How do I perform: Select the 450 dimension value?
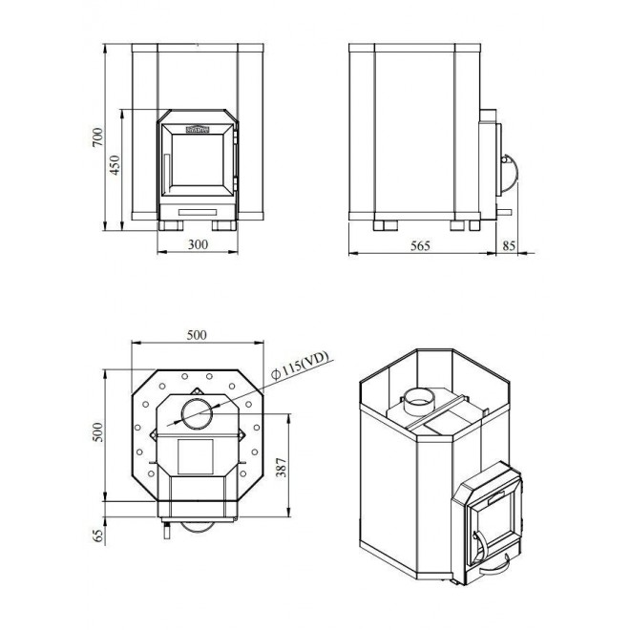tap(115, 167)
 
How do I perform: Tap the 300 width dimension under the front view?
tap(198, 245)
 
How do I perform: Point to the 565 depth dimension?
tap(419, 245)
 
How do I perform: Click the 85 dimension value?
tap(508, 245)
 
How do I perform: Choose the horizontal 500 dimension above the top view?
tap(198, 335)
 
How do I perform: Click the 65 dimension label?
tap(95, 533)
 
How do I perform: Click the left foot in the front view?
tap(173, 225)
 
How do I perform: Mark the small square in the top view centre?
tap(198, 456)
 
